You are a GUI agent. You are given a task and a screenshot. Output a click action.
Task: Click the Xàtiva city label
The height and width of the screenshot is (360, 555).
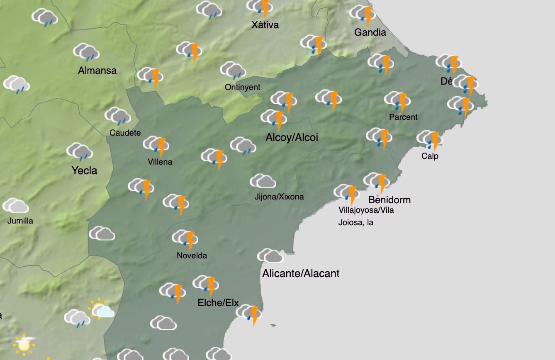265,25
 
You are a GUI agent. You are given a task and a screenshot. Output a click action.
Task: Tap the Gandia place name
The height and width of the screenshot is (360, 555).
370,32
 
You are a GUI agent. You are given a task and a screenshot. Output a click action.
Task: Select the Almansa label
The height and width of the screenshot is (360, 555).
97,71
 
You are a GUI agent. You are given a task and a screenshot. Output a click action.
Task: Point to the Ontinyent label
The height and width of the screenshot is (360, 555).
242,87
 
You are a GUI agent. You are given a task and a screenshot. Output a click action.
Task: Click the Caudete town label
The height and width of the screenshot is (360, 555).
125,133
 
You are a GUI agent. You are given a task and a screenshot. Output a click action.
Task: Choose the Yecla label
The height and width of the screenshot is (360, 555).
84,170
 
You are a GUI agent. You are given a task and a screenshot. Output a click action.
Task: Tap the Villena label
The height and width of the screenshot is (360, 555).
160,162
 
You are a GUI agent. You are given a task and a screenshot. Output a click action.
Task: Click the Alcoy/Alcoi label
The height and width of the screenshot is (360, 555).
292,137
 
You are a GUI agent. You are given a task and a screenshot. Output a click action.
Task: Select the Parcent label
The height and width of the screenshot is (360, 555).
403,117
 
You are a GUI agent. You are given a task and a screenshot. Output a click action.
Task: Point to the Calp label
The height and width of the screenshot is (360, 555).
430,156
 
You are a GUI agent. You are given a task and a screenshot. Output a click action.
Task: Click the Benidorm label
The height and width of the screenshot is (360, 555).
389,199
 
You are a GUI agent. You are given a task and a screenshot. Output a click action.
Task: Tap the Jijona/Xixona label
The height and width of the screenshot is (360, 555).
279,197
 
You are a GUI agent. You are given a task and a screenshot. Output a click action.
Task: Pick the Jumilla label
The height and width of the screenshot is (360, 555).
20,221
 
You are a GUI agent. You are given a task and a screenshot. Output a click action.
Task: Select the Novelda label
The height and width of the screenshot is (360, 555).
192,255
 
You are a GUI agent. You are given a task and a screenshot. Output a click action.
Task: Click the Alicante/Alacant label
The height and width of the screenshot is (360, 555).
301,273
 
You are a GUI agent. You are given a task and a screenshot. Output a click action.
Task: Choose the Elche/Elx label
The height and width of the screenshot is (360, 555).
218,303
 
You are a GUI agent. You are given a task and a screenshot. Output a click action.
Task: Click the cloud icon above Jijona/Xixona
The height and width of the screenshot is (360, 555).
263,182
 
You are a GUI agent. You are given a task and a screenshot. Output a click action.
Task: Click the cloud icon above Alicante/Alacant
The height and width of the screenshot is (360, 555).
270,256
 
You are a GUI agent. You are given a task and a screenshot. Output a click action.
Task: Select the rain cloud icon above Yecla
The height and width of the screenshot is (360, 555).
79,151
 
